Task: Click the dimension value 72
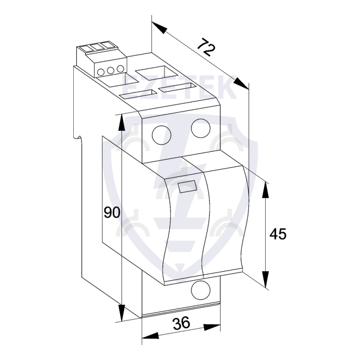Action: pos(206,49)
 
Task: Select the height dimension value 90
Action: pos(112,212)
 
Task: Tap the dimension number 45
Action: pos(278,233)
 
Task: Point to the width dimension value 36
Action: pos(181,324)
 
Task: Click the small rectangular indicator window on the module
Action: pos(187,186)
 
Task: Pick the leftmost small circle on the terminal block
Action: pos(100,71)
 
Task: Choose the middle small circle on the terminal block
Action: pos(110,70)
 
